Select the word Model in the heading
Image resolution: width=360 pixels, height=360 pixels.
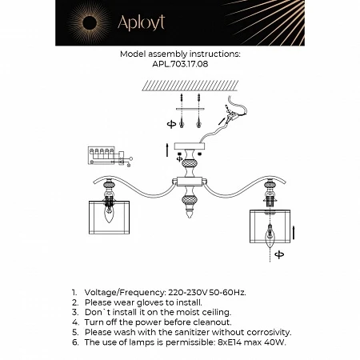coord(134,54)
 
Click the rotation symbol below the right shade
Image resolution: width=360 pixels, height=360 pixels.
coord(279,255)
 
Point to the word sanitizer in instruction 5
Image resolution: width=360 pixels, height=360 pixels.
coord(192,331)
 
